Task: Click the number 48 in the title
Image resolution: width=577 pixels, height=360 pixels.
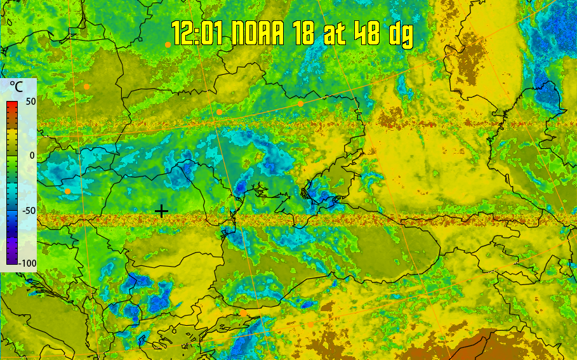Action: click(369, 33)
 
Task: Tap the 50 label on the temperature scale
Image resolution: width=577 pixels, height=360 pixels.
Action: click(30, 102)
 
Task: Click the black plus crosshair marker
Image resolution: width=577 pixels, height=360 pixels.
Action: click(162, 211)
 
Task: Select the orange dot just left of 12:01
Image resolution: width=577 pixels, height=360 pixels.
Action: click(168, 44)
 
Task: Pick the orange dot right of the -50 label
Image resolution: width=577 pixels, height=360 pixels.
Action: click(67, 191)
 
